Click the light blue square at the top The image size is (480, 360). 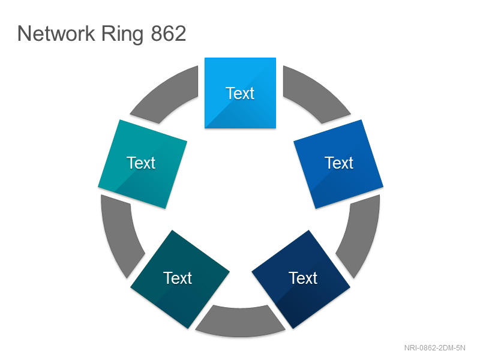[241, 93]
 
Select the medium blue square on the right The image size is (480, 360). [338, 164]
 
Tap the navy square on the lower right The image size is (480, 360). [301, 279]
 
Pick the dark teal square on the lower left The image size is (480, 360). [180, 279]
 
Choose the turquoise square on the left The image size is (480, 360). [142, 164]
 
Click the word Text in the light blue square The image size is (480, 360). [240, 93]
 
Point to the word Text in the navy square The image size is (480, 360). [303, 278]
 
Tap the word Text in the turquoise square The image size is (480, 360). [141, 163]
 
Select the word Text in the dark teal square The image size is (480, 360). [178, 278]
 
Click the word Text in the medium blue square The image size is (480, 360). [339, 163]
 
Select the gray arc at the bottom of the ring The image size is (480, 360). [241, 322]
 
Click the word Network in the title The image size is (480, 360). [56, 34]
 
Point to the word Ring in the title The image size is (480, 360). [122, 34]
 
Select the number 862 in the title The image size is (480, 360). [169, 34]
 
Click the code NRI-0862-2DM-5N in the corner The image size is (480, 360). [434, 348]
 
